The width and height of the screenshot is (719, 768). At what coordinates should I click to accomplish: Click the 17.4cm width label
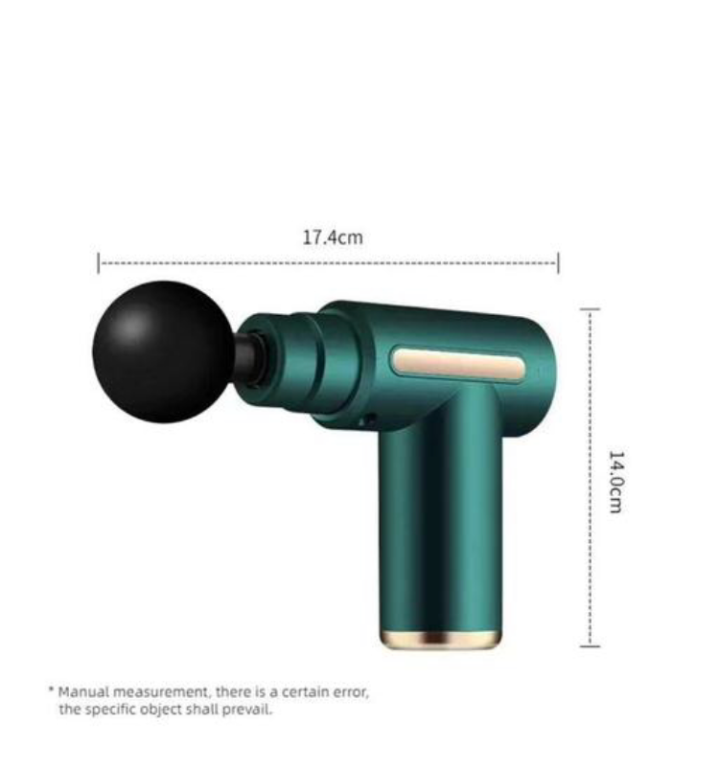333,237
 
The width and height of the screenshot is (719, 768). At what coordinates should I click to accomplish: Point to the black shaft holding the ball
247,357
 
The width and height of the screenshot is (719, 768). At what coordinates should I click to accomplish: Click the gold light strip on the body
456,364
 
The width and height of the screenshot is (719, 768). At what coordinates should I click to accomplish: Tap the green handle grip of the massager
441,517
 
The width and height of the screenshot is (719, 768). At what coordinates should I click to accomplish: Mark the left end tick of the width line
99,262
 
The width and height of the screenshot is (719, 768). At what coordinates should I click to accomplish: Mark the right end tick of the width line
558,262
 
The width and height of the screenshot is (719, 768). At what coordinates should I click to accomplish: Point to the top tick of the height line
590,309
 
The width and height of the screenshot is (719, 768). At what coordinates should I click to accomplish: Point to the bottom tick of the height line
590,645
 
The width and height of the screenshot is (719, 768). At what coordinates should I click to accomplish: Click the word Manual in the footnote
81,690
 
